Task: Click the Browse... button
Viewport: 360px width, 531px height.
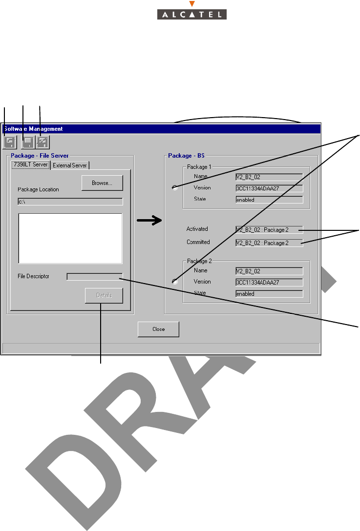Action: tap(102, 183)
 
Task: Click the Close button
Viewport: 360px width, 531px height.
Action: tap(158, 329)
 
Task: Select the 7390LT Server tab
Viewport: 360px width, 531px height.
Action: tap(31, 165)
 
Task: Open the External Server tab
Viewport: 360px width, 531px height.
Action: tap(70, 165)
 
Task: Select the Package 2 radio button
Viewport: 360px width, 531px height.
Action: tap(175, 281)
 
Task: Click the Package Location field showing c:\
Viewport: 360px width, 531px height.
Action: tap(70, 202)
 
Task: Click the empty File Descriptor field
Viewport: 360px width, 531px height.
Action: tap(94, 277)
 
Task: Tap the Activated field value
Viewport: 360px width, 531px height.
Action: tap(269, 229)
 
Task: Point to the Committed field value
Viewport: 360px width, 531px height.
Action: tap(269, 243)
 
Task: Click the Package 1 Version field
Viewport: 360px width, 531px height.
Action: tap(269, 188)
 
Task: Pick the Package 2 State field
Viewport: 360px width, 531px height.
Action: tap(269, 294)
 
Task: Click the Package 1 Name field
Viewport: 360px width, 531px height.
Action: tap(269, 177)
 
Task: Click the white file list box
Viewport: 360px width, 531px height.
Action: tap(70, 238)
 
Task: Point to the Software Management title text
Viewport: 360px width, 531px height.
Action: tap(33, 129)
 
